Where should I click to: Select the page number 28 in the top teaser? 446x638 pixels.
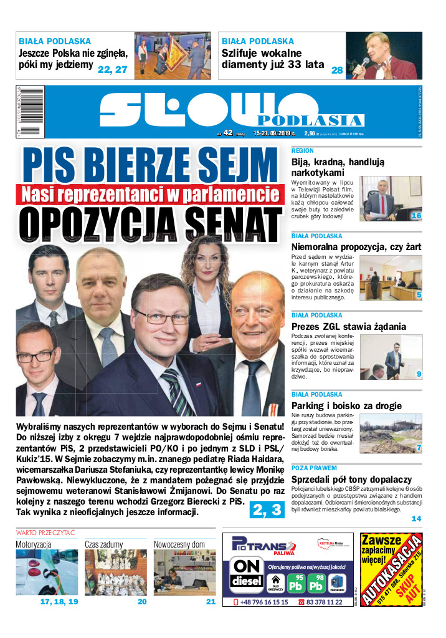(x=337, y=70)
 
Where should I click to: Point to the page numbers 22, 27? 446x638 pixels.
(x=112, y=70)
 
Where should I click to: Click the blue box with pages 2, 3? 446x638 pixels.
(x=267, y=510)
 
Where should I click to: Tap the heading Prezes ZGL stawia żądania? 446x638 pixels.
(x=348, y=326)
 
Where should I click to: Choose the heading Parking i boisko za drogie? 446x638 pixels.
(x=346, y=406)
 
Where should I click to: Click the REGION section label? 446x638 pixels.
(x=302, y=151)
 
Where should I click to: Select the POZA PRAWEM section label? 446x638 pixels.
(x=314, y=468)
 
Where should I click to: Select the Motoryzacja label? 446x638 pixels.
(x=34, y=544)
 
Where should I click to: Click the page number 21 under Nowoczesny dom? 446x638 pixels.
(x=211, y=602)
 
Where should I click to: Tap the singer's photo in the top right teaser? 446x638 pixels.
(x=384, y=56)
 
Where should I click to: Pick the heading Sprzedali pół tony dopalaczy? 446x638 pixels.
(x=351, y=478)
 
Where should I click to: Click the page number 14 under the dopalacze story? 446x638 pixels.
(x=416, y=518)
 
